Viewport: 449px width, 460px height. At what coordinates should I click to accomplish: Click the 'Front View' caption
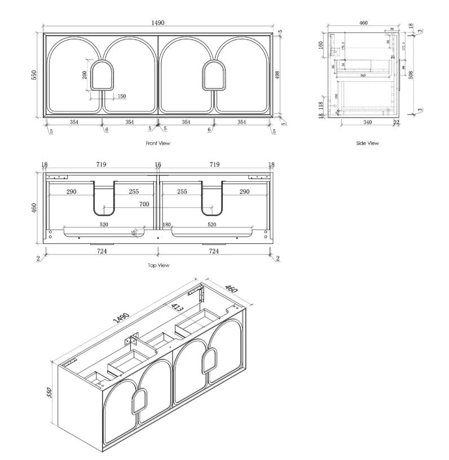click(x=157, y=143)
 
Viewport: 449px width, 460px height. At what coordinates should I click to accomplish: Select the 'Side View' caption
click(x=367, y=143)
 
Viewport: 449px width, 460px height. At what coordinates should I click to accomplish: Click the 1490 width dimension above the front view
click(x=158, y=23)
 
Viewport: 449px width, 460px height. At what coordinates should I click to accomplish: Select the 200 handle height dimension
click(x=85, y=75)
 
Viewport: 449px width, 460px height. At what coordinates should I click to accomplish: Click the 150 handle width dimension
click(x=121, y=97)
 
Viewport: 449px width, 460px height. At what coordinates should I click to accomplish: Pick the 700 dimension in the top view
click(x=144, y=204)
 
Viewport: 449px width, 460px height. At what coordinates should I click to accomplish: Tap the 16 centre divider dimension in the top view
click(x=157, y=164)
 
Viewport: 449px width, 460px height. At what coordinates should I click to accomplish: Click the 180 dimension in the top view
click(x=166, y=225)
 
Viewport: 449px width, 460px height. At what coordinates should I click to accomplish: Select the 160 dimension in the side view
click(x=322, y=45)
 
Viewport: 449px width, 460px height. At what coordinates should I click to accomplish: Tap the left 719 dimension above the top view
click(x=102, y=164)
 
